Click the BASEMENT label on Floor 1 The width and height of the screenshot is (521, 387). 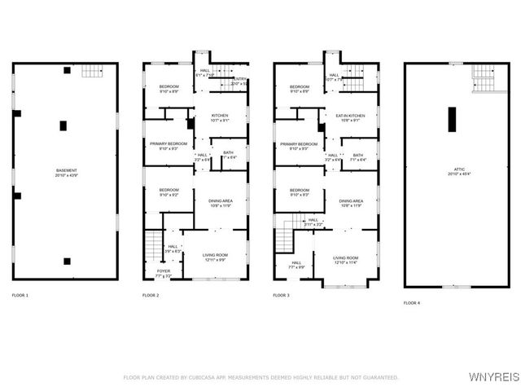coord(65,171)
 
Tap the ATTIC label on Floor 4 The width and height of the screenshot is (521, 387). coord(454,169)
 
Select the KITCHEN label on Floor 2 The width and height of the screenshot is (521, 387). coord(220,116)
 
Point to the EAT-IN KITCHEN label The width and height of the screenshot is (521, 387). coord(350,116)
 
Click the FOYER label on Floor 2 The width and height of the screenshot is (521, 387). coord(164,271)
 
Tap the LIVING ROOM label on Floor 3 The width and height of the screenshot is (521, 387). coord(346,257)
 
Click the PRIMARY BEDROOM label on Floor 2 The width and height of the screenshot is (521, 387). coord(169,143)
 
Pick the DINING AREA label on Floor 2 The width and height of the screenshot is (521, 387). coord(221,201)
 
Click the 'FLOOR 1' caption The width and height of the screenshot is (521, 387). coord(20,294)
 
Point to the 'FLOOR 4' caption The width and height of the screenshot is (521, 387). coord(412,303)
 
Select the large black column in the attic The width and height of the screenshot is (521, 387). coord(450,118)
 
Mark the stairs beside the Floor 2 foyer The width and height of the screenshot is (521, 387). coord(152,243)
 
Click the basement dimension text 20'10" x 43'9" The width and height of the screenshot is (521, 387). coord(65,176)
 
